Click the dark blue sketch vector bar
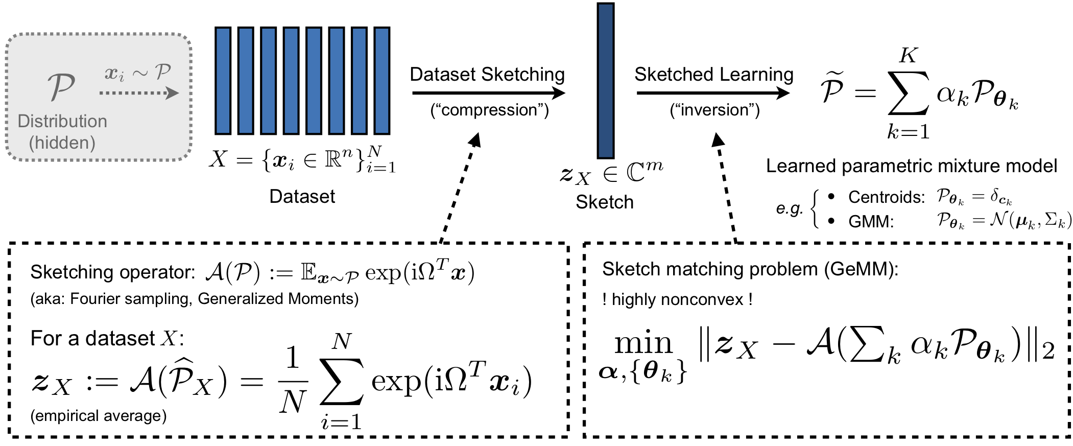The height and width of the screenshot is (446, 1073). pyautogui.click(x=605, y=81)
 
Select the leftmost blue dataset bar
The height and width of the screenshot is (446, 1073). pyautogui.click(x=223, y=81)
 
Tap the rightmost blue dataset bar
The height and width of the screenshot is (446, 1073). pyautogui.click(x=381, y=81)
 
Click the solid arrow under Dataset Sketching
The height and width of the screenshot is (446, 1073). pyautogui.click(x=488, y=93)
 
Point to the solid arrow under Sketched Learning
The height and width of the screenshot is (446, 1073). pyautogui.click(x=712, y=93)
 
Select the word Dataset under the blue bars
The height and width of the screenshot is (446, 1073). pyautogui.click(x=302, y=197)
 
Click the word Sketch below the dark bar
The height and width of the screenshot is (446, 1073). pyautogui.click(x=605, y=202)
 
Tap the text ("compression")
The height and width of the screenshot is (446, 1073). pyautogui.click(x=489, y=110)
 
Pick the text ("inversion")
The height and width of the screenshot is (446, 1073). pyautogui.click(x=714, y=110)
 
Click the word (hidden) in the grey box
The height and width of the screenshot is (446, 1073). pyautogui.click(x=62, y=143)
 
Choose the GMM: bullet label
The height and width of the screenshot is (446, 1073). pyautogui.click(x=871, y=222)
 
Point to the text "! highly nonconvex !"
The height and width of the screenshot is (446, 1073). pyautogui.click(x=677, y=299)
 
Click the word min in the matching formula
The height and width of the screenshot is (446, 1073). pyautogui.click(x=643, y=343)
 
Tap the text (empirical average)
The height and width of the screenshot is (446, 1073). pyautogui.click(x=99, y=416)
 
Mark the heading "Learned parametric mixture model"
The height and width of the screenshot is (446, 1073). pyautogui.click(x=912, y=166)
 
